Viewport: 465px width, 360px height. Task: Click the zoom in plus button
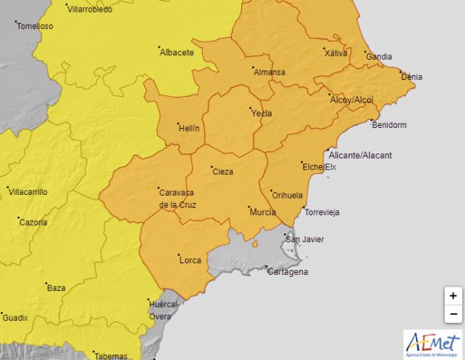point(453,296)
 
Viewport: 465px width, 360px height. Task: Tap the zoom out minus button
point(453,313)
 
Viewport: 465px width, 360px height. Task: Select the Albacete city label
point(177,52)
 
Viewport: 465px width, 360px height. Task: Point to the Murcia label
point(262,212)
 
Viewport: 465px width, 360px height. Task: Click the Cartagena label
point(288,272)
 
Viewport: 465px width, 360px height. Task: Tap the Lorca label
point(190,259)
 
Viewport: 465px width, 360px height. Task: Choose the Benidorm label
point(389,125)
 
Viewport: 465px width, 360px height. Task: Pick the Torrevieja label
point(322,212)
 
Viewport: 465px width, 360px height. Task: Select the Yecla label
point(261,113)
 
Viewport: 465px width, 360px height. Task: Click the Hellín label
point(189,128)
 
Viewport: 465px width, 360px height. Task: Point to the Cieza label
point(222,172)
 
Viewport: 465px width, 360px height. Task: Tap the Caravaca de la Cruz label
point(177,198)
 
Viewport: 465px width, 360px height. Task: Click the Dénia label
point(411,77)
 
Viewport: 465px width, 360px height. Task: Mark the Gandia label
point(379,57)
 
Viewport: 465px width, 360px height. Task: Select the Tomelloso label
point(36,25)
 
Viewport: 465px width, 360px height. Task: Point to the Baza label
point(56,288)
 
